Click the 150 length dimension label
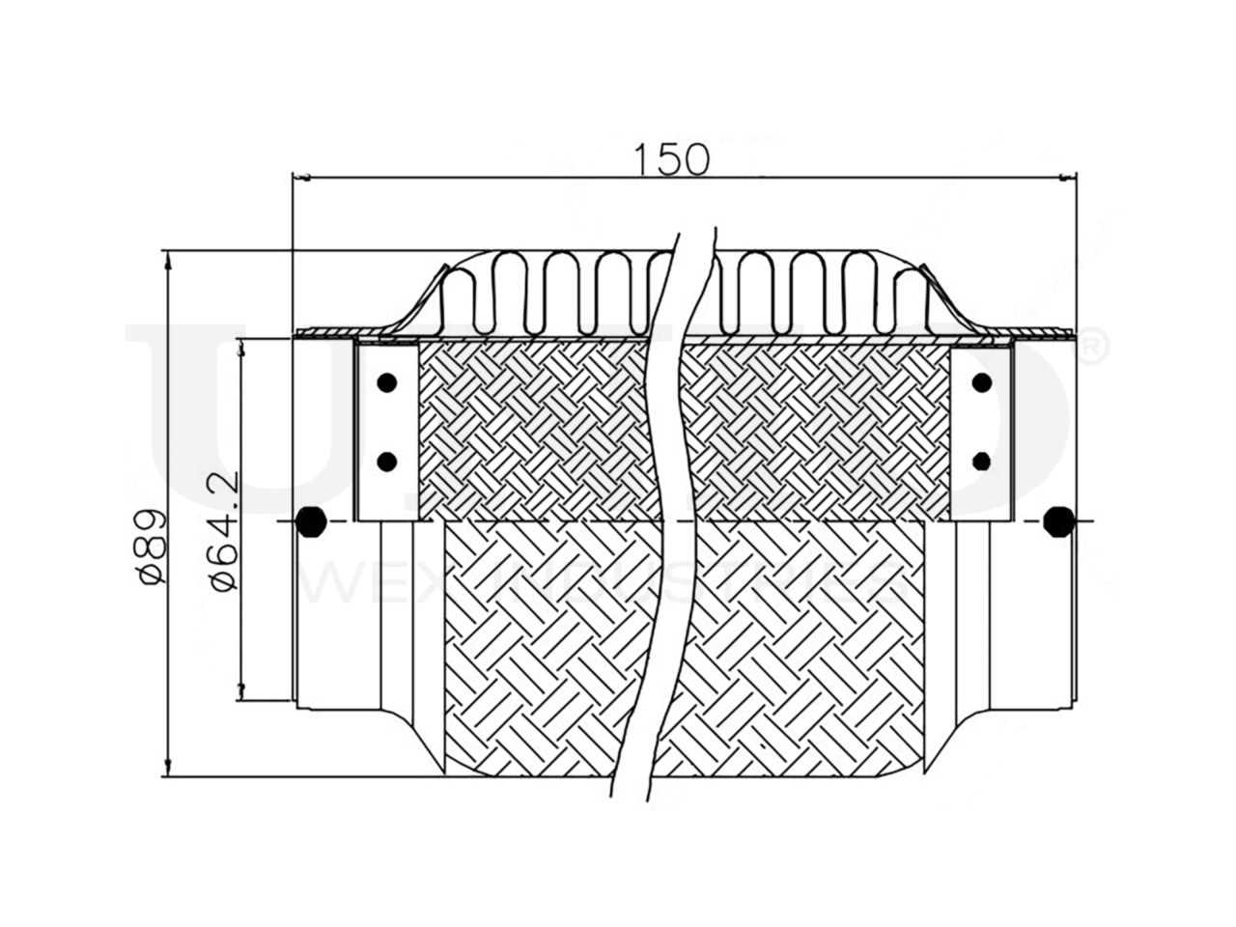(x=672, y=159)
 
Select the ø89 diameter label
(x=153, y=546)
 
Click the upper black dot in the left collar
(x=387, y=382)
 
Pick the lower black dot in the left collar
(x=387, y=461)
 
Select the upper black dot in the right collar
(x=982, y=383)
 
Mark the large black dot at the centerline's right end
(x=1059, y=521)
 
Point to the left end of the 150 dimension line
(x=293, y=177)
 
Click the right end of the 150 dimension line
(x=1076, y=177)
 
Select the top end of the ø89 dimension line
(x=169, y=254)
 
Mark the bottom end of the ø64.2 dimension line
(x=241, y=704)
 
